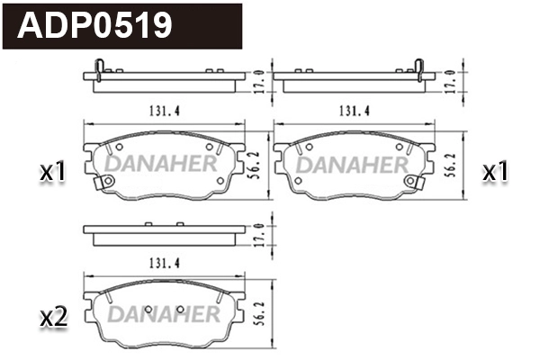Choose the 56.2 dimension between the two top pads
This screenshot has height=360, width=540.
click(257, 162)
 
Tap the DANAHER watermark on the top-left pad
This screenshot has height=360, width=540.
click(162, 164)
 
